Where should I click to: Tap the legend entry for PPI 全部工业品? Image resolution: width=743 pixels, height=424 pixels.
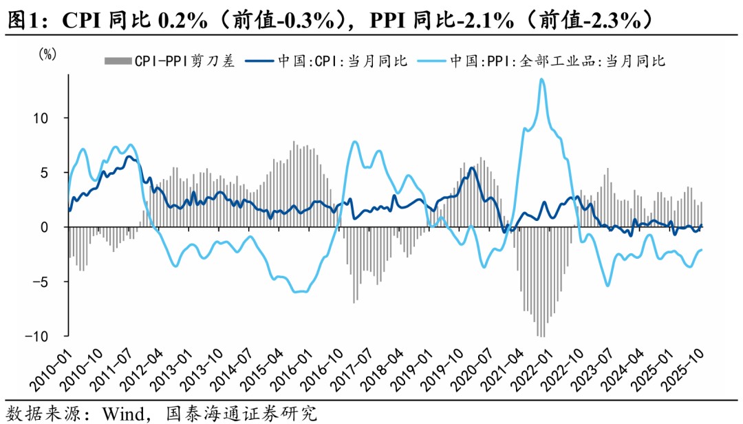pos(557,61)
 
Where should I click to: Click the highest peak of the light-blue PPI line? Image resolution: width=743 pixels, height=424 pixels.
pos(542,79)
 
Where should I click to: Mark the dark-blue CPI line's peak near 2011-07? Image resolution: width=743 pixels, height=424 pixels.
pos(129,157)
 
